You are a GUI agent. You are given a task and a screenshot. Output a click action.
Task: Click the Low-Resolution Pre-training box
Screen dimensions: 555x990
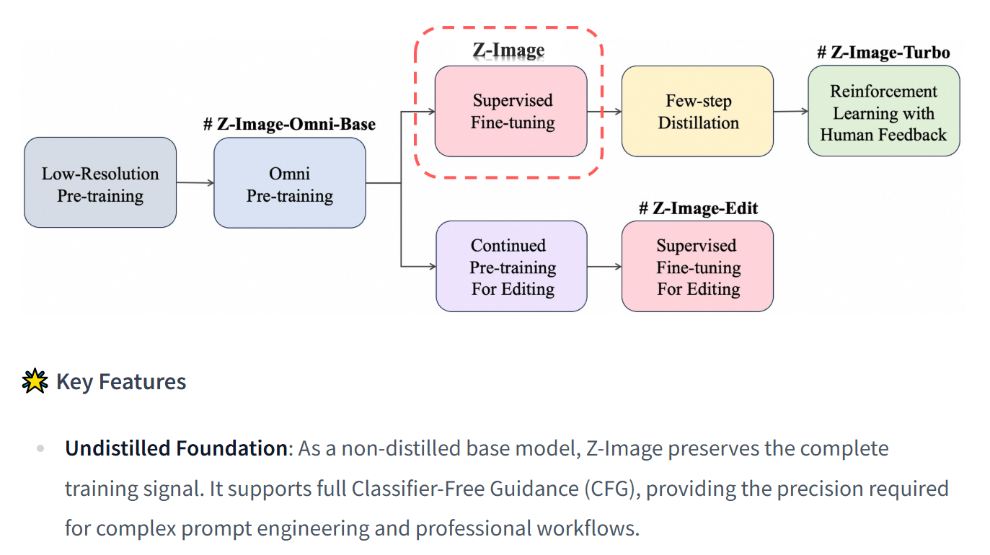pyautogui.click(x=100, y=183)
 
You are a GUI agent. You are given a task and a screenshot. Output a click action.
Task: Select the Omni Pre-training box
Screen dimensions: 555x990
pyautogui.click(x=290, y=183)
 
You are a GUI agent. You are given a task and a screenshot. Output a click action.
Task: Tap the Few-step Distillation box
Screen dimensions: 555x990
pyautogui.click(x=697, y=111)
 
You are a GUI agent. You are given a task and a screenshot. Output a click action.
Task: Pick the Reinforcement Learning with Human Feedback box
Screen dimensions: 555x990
pyautogui.click(x=883, y=111)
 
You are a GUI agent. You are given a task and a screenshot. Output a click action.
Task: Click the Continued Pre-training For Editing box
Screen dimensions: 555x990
pyautogui.click(x=512, y=266)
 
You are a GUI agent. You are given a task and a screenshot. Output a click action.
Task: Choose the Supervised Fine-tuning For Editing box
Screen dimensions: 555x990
pyautogui.click(x=697, y=266)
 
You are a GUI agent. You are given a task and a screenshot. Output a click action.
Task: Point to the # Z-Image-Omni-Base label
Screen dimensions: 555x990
pyautogui.click(x=289, y=124)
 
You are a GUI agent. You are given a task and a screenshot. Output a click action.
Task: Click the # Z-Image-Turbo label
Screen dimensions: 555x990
pyautogui.click(x=883, y=53)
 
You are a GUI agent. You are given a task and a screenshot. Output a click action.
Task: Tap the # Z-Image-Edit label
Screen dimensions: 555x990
pyautogui.click(x=698, y=208)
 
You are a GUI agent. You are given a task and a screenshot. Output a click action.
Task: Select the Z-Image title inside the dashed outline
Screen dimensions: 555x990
pyautogui.click(x=508, y=50)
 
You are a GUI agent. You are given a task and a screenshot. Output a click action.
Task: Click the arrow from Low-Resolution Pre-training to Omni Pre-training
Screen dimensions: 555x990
pyautogui.click(x=195, y=183)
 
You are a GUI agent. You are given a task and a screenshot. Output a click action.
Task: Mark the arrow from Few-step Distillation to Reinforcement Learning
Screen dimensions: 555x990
pyautogui.click(x=791, y=112)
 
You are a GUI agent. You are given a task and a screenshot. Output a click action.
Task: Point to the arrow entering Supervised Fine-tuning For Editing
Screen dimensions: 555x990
pyautogui.click(x=604, y=267)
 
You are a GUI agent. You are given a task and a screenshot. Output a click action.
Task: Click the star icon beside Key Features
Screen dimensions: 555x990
pyautogui.click(x=35, y=381)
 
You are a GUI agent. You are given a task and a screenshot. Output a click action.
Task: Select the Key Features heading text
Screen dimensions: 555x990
pyautogui.click(x=121, y=381)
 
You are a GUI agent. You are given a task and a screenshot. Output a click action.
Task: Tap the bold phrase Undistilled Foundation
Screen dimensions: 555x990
pyautogui.click(x=176, y=448)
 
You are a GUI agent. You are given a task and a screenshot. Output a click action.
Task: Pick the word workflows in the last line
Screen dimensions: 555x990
pyautogui.click(x=587, y=528)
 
